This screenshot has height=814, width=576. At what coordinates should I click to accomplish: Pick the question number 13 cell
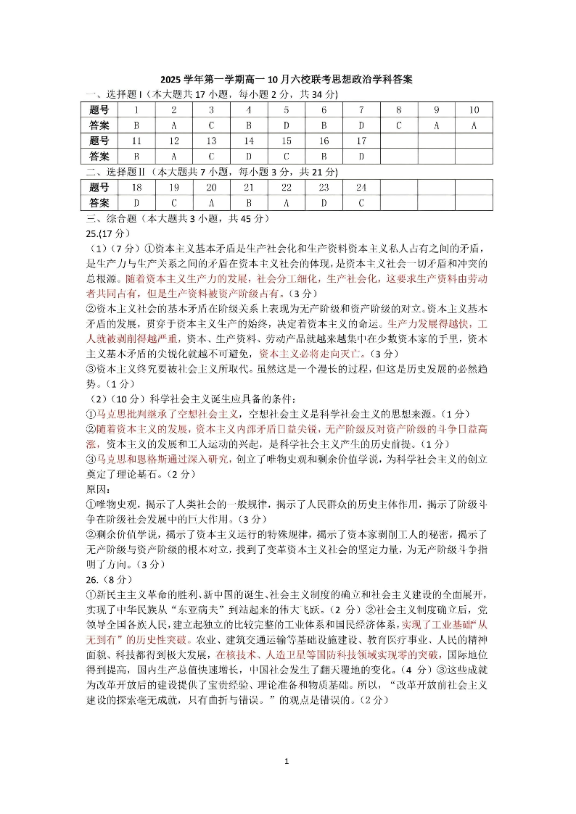211,141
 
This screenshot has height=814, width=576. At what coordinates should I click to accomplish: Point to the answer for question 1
136,125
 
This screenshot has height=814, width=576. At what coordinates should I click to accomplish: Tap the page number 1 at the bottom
288,762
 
